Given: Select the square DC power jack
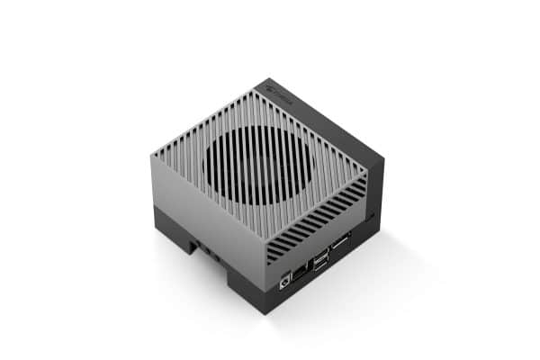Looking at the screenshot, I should [x=287, y=278].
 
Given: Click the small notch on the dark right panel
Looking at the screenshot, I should [x=370, y=216].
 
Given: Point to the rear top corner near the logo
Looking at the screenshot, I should [x=267, y=80].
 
